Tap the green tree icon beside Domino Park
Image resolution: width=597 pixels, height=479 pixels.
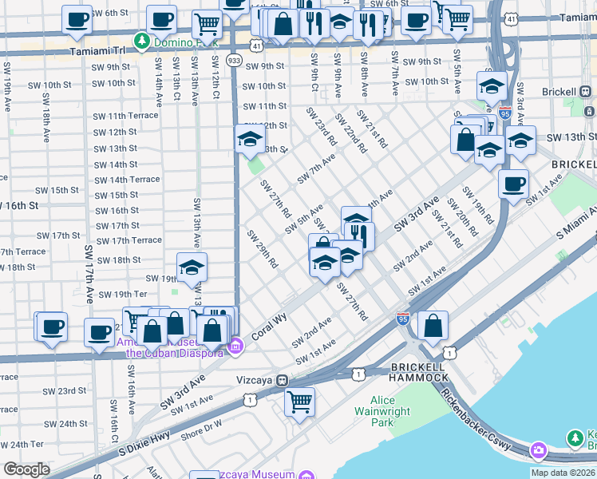[x=142, y=39]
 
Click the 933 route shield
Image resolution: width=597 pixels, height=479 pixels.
[x=234, y=60]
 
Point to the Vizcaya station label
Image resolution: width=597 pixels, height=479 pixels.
[x=255, y=381]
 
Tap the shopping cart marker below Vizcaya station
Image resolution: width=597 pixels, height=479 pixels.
[x=299, y=401]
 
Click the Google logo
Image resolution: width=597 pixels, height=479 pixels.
[x=26, y=469]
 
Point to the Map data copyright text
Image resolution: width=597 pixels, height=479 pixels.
[x=563, y=473]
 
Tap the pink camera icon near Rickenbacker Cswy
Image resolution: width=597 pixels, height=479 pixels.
[x=538, y=451]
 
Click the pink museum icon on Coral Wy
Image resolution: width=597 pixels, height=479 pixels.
[x=235, y=346]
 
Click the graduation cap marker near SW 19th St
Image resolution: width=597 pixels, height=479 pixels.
[x=192, y=268]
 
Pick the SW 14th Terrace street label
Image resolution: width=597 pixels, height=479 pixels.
[x=127, y=180]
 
